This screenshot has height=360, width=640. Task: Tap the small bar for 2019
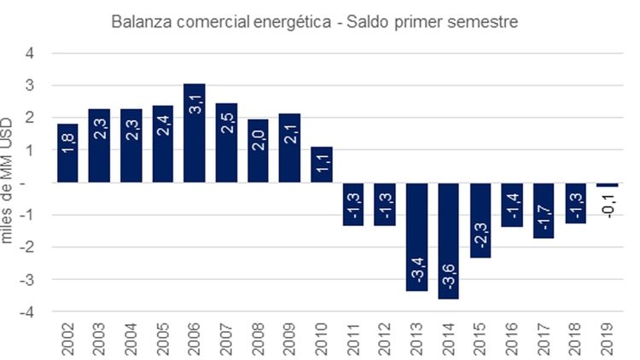[x=608, y=184]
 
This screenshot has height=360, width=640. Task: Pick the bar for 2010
[x=322, y=164]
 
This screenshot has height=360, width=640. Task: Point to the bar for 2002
[x=67, y=153]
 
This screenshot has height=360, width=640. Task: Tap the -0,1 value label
[x=608, y=206]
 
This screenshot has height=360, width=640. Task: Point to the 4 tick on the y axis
[x=32, y=53]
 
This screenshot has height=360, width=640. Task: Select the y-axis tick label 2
[x=32, y=118]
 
